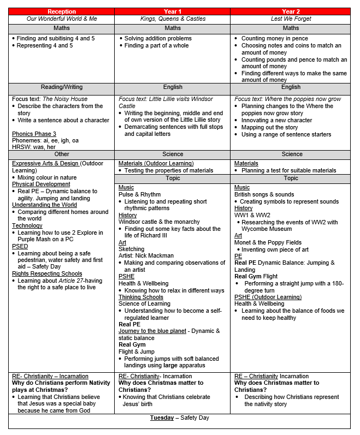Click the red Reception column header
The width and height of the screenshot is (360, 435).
61,11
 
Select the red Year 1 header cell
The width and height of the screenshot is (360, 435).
172,11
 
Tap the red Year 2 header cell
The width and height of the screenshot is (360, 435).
291,11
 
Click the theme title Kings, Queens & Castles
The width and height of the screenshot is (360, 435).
173,19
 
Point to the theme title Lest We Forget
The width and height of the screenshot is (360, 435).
291,19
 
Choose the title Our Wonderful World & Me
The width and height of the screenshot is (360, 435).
61,19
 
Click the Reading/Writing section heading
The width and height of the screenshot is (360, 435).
61,87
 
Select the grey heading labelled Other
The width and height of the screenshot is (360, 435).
61,154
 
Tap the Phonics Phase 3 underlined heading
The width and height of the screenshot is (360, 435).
34,134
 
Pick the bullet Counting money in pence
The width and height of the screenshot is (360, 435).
275,39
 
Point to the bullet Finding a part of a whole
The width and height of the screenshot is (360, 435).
156,46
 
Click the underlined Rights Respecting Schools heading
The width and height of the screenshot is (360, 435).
47,274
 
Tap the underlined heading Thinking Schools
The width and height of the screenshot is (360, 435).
141,297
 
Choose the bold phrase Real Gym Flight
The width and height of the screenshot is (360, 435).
256,277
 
